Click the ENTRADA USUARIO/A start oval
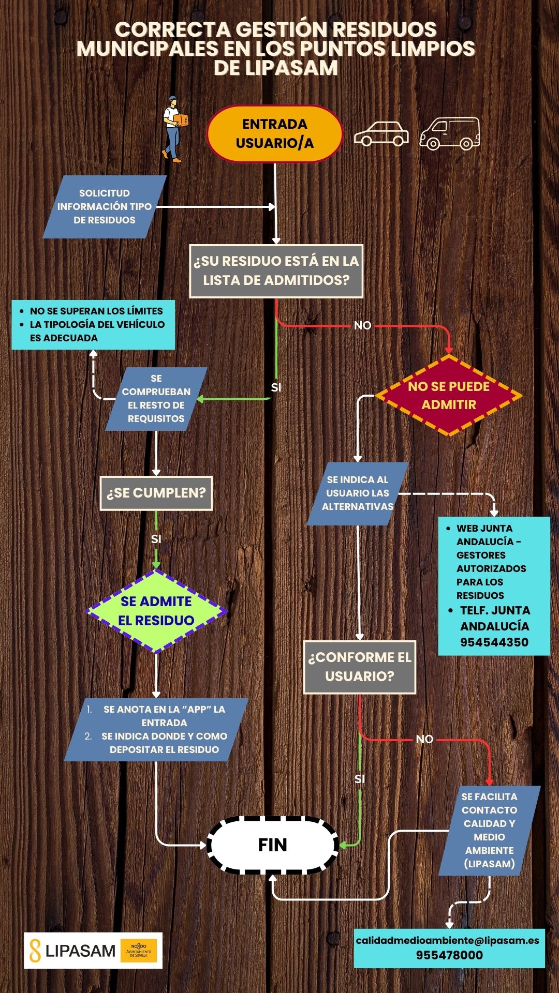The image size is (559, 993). click(x=275, y=133)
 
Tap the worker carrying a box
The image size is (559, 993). click(x=174, y=129)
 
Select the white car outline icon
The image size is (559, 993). click(x=381, y=134)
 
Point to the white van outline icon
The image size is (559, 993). click(x=449, y=133)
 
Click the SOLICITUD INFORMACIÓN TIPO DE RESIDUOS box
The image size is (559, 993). click(x=105, y=206)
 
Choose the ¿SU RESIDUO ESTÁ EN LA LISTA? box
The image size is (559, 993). click(x=276, y=270)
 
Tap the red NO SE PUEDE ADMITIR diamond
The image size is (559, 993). click(x=448, y=396)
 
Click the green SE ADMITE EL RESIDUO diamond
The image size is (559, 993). click(x=156, y=611)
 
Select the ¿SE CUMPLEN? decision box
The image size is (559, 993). click(x=156, y=493)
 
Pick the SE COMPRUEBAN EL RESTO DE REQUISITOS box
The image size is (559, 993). click(x=156, y=399)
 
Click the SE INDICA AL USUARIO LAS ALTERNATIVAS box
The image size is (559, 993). click(x=358, y=493)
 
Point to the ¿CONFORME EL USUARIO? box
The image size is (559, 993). click(x=359, y=667)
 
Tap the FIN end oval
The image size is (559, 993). click(x=273, y=845)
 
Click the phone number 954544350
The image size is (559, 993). click(x=494, y=642)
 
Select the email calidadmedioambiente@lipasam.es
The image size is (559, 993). click(x=447, y=940)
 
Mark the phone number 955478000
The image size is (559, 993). click(x=449, y=955)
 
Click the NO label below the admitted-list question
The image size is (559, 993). click(x=362, y=325)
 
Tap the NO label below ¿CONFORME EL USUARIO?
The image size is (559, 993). click(x=424, y=739)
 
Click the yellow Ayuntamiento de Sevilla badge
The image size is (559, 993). click(x=139, y=951)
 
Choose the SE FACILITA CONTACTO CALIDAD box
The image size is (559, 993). click(x=489, y=830)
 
